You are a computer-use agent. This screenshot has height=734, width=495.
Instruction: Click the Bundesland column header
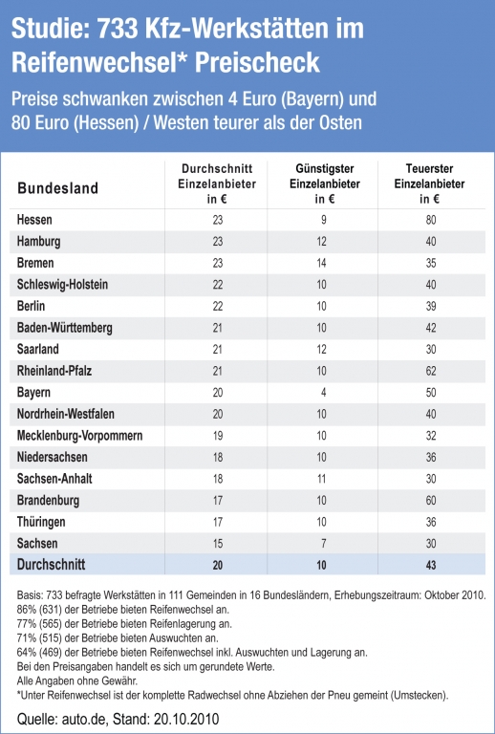tap(58, 188)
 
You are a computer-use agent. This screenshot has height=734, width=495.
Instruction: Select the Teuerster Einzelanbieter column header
tap(429, 183)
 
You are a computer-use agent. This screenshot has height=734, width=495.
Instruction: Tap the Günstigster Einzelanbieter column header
tap(325, 183)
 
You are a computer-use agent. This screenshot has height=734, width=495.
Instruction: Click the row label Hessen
tap(34, 220)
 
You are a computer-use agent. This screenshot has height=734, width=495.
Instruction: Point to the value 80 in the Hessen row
tap(431, 220)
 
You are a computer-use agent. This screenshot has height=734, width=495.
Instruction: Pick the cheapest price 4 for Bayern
tap(323, 392)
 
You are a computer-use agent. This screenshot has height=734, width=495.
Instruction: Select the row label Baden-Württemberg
tap(65, 328)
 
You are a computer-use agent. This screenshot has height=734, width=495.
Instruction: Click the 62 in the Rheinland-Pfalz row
tap(431, 371)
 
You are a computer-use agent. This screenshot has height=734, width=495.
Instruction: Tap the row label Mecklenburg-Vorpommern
tap(80, 436)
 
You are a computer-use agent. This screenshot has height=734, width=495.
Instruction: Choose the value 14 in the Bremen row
tap(321, 263)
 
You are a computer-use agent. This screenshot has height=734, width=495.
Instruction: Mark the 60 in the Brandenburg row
tap(431, 501)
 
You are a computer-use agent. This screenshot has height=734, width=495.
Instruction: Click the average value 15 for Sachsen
tap(218, 544)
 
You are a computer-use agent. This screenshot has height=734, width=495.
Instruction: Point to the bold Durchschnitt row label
tap(51, 564)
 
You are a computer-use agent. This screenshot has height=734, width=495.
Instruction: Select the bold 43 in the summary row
tap(431, 565)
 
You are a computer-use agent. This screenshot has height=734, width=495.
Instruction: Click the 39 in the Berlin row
tap(431, 306)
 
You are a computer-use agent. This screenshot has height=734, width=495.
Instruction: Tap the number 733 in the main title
tap(118, 29)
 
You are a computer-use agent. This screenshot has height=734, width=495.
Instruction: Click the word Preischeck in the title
tap(257, 62)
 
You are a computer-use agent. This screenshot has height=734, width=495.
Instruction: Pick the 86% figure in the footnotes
tap(27, 610)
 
